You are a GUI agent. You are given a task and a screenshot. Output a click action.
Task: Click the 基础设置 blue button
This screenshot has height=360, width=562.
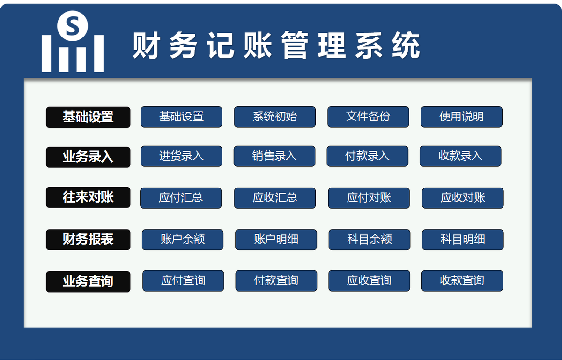pos(181,117)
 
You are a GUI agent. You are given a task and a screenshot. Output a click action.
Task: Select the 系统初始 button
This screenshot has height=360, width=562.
pos(275,117)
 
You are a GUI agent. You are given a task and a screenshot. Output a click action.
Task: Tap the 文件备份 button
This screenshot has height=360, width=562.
pos(368,117)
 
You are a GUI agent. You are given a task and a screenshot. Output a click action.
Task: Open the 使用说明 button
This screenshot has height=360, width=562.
pos(461,117)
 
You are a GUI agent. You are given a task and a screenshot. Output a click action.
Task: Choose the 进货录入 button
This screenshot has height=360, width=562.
pos(181,156)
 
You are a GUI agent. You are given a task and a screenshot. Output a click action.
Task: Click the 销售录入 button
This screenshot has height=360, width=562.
pos(274,156)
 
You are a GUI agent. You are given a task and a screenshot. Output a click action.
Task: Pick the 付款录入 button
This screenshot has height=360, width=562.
pos(367,156)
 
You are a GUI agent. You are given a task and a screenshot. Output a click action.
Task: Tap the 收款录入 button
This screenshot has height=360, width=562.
pos(460,156)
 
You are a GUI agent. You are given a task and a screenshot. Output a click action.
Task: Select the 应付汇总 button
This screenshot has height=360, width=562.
pos(181,198)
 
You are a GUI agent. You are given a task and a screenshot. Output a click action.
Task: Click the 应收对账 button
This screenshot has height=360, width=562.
pos(463,198)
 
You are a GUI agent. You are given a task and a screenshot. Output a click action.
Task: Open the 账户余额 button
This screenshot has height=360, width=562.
pos(183,240)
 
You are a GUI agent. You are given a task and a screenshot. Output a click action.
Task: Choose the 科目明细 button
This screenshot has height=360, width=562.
pos(463,240)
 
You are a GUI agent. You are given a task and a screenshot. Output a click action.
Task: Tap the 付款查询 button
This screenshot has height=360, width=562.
pos(276,281)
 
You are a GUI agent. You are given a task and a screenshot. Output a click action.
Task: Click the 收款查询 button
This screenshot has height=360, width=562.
pos(462,281)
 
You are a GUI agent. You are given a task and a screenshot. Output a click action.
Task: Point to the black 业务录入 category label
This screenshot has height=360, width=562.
pos(88,157)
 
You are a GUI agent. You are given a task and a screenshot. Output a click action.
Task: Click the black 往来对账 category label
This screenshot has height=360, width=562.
pos(88,197)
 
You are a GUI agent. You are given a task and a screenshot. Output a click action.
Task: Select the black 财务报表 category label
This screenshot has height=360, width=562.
pos(88,240)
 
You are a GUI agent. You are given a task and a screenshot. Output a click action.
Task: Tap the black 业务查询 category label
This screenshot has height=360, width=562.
pos(88,281)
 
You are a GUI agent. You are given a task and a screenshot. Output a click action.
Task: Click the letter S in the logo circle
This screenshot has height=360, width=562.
pos(72,26)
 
